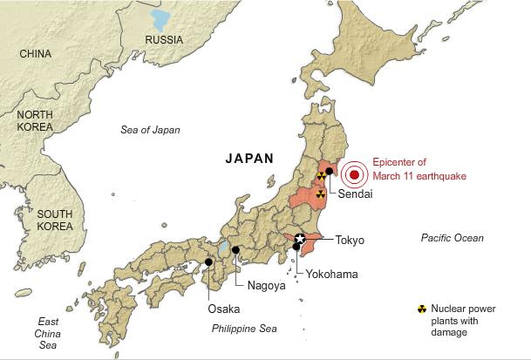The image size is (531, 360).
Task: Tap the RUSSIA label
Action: [x=164, y=40]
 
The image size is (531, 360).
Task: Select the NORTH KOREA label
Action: [x=35, y=122]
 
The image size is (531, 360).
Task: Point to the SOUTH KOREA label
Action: [x=54, y=221]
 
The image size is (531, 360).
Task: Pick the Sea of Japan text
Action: [x=150, y=130]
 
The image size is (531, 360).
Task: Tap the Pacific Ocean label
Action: [x=452, y=238]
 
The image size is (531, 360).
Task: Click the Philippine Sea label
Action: [x=244, y=329]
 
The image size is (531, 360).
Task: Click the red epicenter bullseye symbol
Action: [x=354, y=175]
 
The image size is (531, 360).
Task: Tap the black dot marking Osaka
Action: [x=208, y=261]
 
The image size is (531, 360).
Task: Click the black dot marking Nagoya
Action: [x=235, y=250]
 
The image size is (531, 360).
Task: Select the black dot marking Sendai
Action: [x=329, y=172]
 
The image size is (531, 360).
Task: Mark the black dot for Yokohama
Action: [x=296, y=248]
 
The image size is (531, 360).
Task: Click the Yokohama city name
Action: [x=331, y=274]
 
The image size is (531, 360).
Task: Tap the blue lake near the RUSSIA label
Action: [x=160, y=18]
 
